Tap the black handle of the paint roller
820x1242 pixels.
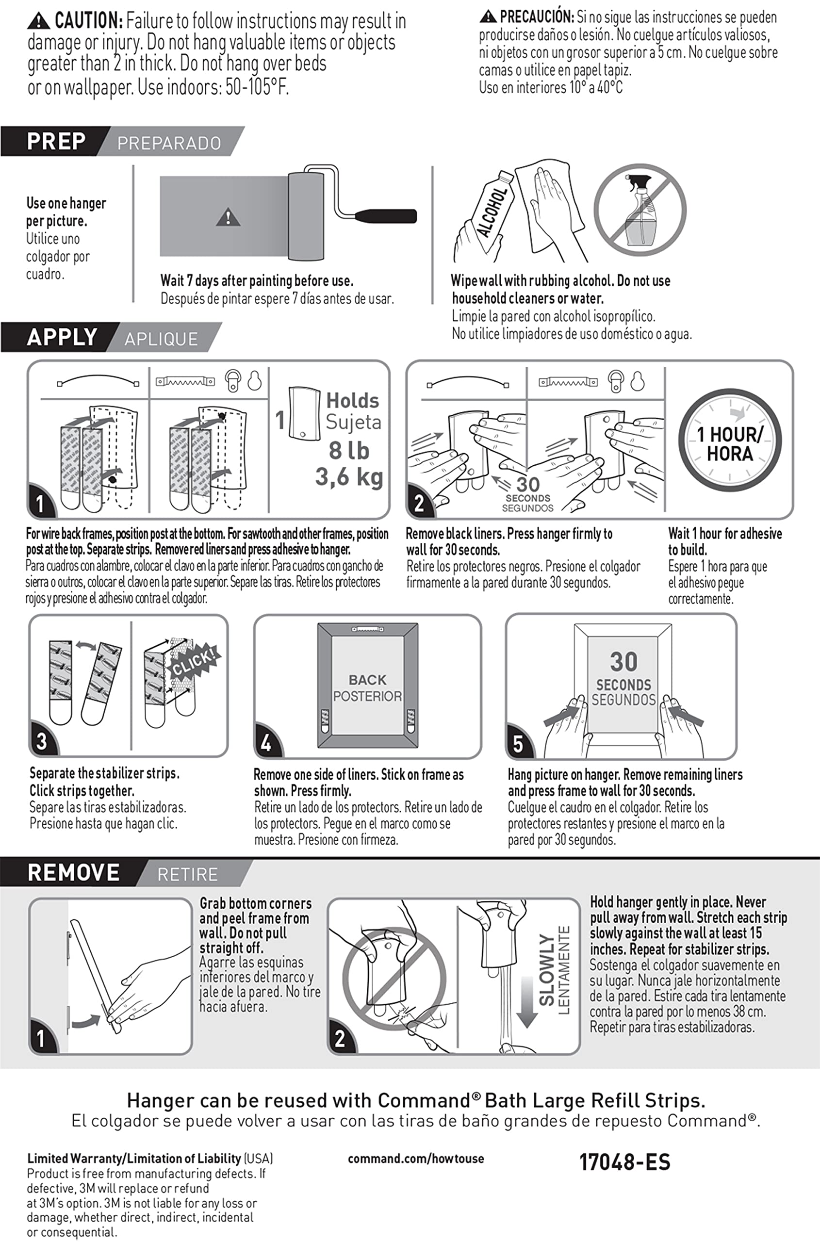[386, 216]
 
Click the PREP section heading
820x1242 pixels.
[56, 141]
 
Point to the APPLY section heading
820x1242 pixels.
[62, 337]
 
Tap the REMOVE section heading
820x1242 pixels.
[73, 873]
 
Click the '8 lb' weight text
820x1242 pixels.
[349, 451]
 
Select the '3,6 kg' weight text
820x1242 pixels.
[349, 477]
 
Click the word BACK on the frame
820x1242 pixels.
[368, 680]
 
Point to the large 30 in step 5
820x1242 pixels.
[623, 662]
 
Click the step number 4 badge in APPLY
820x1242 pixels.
[266, 743]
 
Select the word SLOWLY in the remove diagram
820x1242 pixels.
[547, 970]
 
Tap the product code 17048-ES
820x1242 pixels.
[624, 1162]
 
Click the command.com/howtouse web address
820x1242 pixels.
[416, 1159]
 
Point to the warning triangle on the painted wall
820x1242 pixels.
[228, 217]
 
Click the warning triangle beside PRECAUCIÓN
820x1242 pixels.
[488, 17]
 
